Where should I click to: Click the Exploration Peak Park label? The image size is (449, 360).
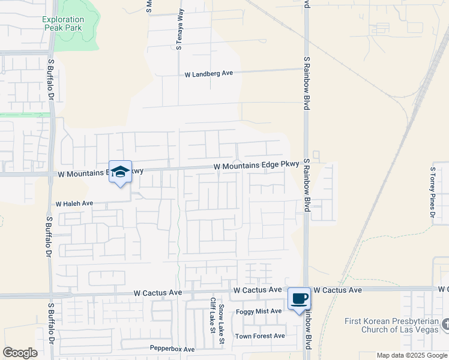(x=63, y=23)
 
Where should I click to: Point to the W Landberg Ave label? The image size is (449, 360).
(x=208, y=74)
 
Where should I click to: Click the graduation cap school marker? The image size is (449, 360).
(x=120, y=171)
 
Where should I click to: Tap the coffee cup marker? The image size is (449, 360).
(x=299, y=298)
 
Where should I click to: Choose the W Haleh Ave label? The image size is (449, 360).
(x=74, y=204)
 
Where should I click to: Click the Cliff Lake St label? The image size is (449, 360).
(x=212, y=315)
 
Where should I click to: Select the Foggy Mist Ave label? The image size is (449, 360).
(x=259, y=311)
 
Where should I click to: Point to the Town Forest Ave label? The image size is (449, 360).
(x=260, y=336)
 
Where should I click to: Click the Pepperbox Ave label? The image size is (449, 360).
(x=172, y=349)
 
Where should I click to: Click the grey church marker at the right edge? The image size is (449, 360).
(x=445, y=325)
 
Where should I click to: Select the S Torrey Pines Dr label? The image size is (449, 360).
(x=432, y=191)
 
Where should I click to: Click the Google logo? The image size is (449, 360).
(x=20, y=353)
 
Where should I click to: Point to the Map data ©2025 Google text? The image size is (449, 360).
(x=412, y=355)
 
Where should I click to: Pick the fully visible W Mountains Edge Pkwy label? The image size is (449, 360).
(x=248, y=166)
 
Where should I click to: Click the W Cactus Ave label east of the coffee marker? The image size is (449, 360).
(x=337, y=290)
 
